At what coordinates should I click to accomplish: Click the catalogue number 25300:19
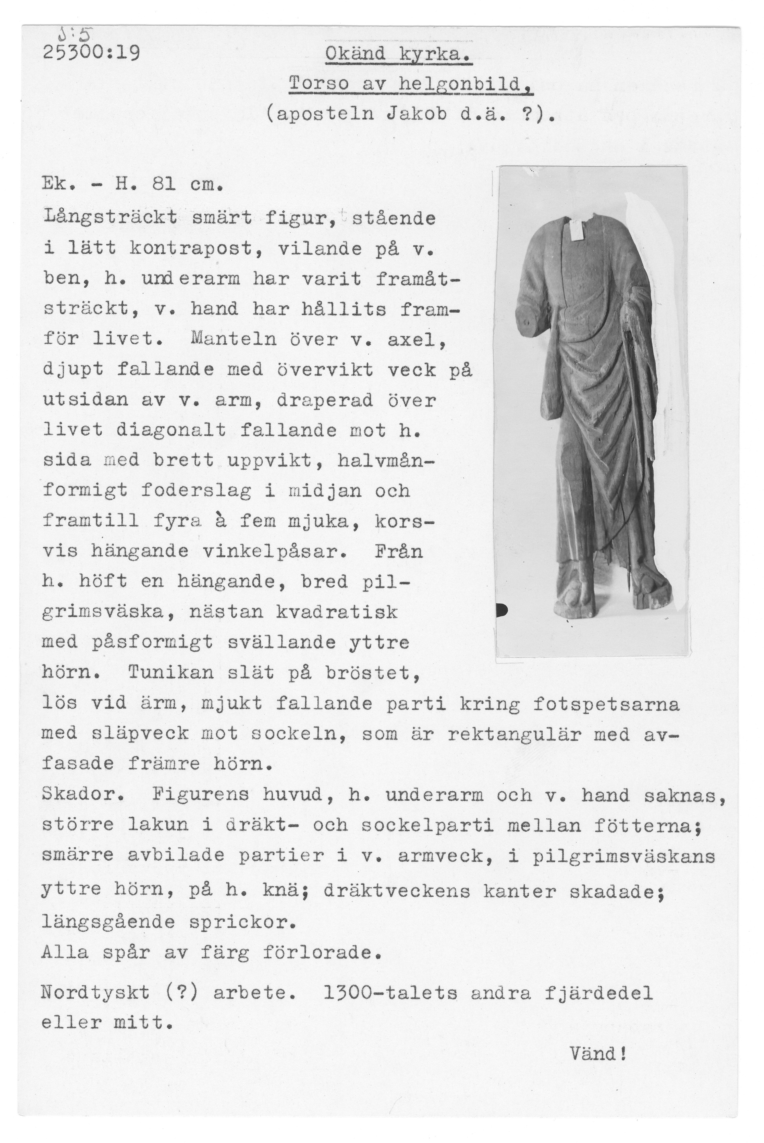tap(92, 52)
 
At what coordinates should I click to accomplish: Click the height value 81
tap(164, 186)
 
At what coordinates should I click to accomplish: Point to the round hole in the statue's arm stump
tap(527, 323)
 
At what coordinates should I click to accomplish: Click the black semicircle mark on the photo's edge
tap(500, 609)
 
